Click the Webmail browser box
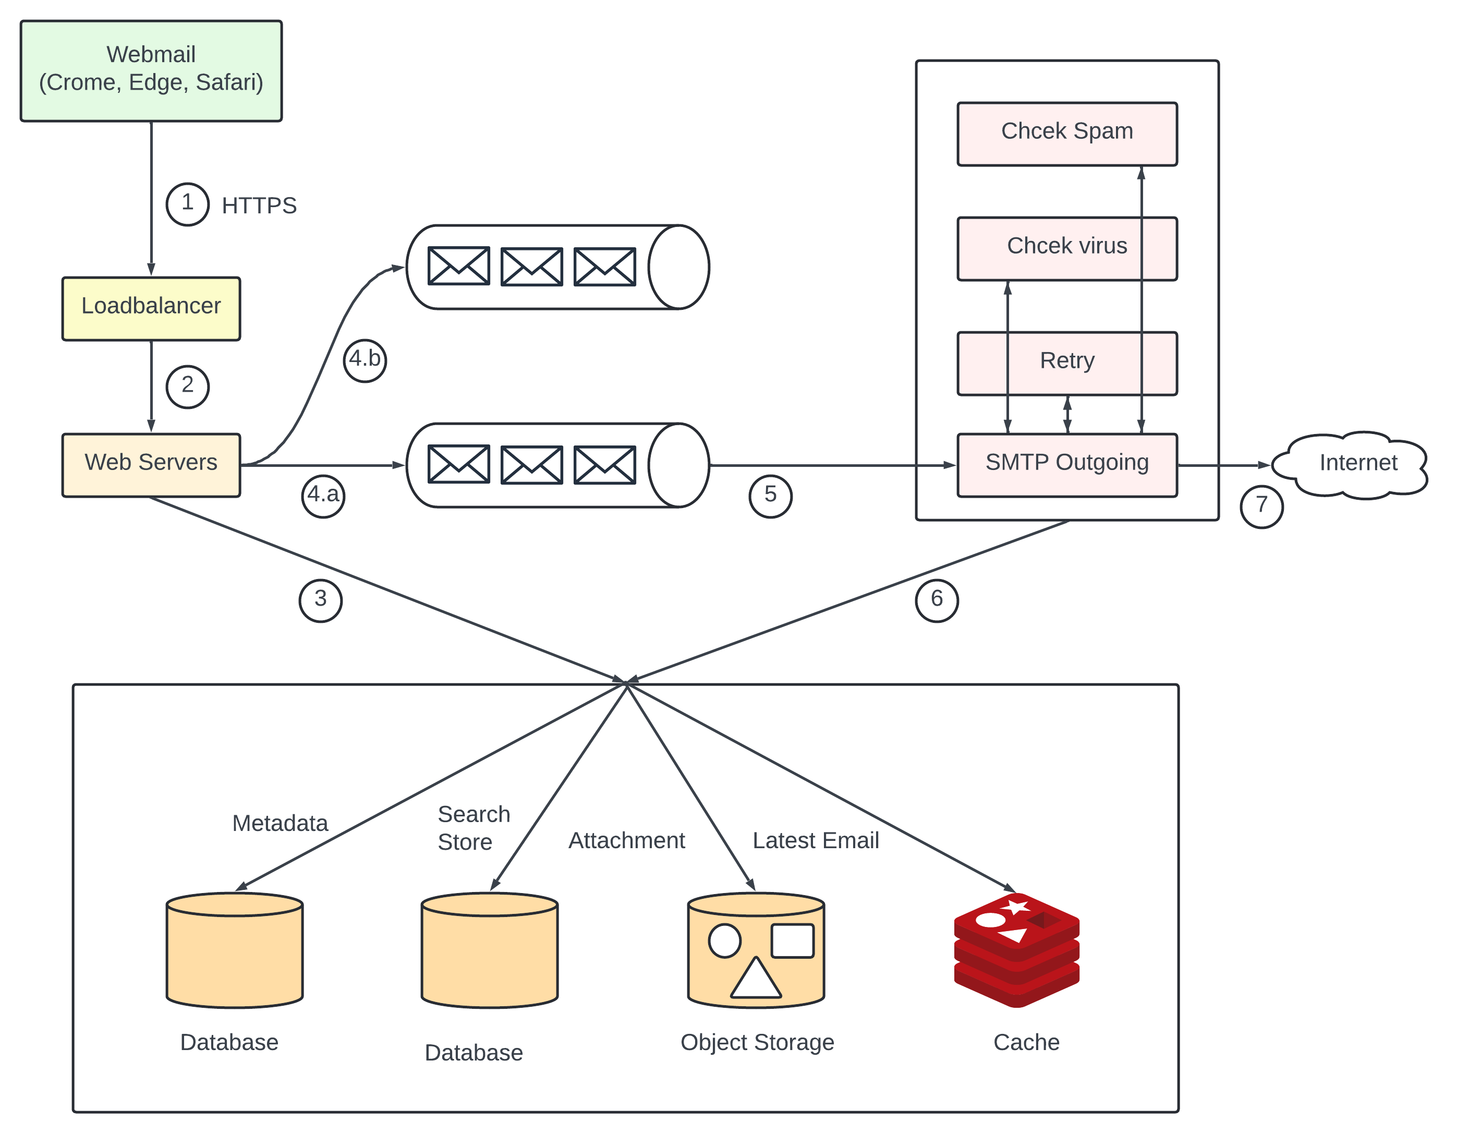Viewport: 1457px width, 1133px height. (151, 71)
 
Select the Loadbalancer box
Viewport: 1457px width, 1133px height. (151, 308)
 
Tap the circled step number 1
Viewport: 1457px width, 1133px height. (187, 203)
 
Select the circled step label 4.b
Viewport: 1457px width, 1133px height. (365, 360)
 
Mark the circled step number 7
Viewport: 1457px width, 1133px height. (1261, 507)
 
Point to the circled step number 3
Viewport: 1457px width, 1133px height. (320, 600)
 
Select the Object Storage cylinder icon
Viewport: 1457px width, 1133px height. (756, 950)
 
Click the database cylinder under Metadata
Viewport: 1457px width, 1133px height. (234, 950)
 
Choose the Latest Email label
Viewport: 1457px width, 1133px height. (815, 840)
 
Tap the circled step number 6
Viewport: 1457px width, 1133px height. (936, 600)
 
